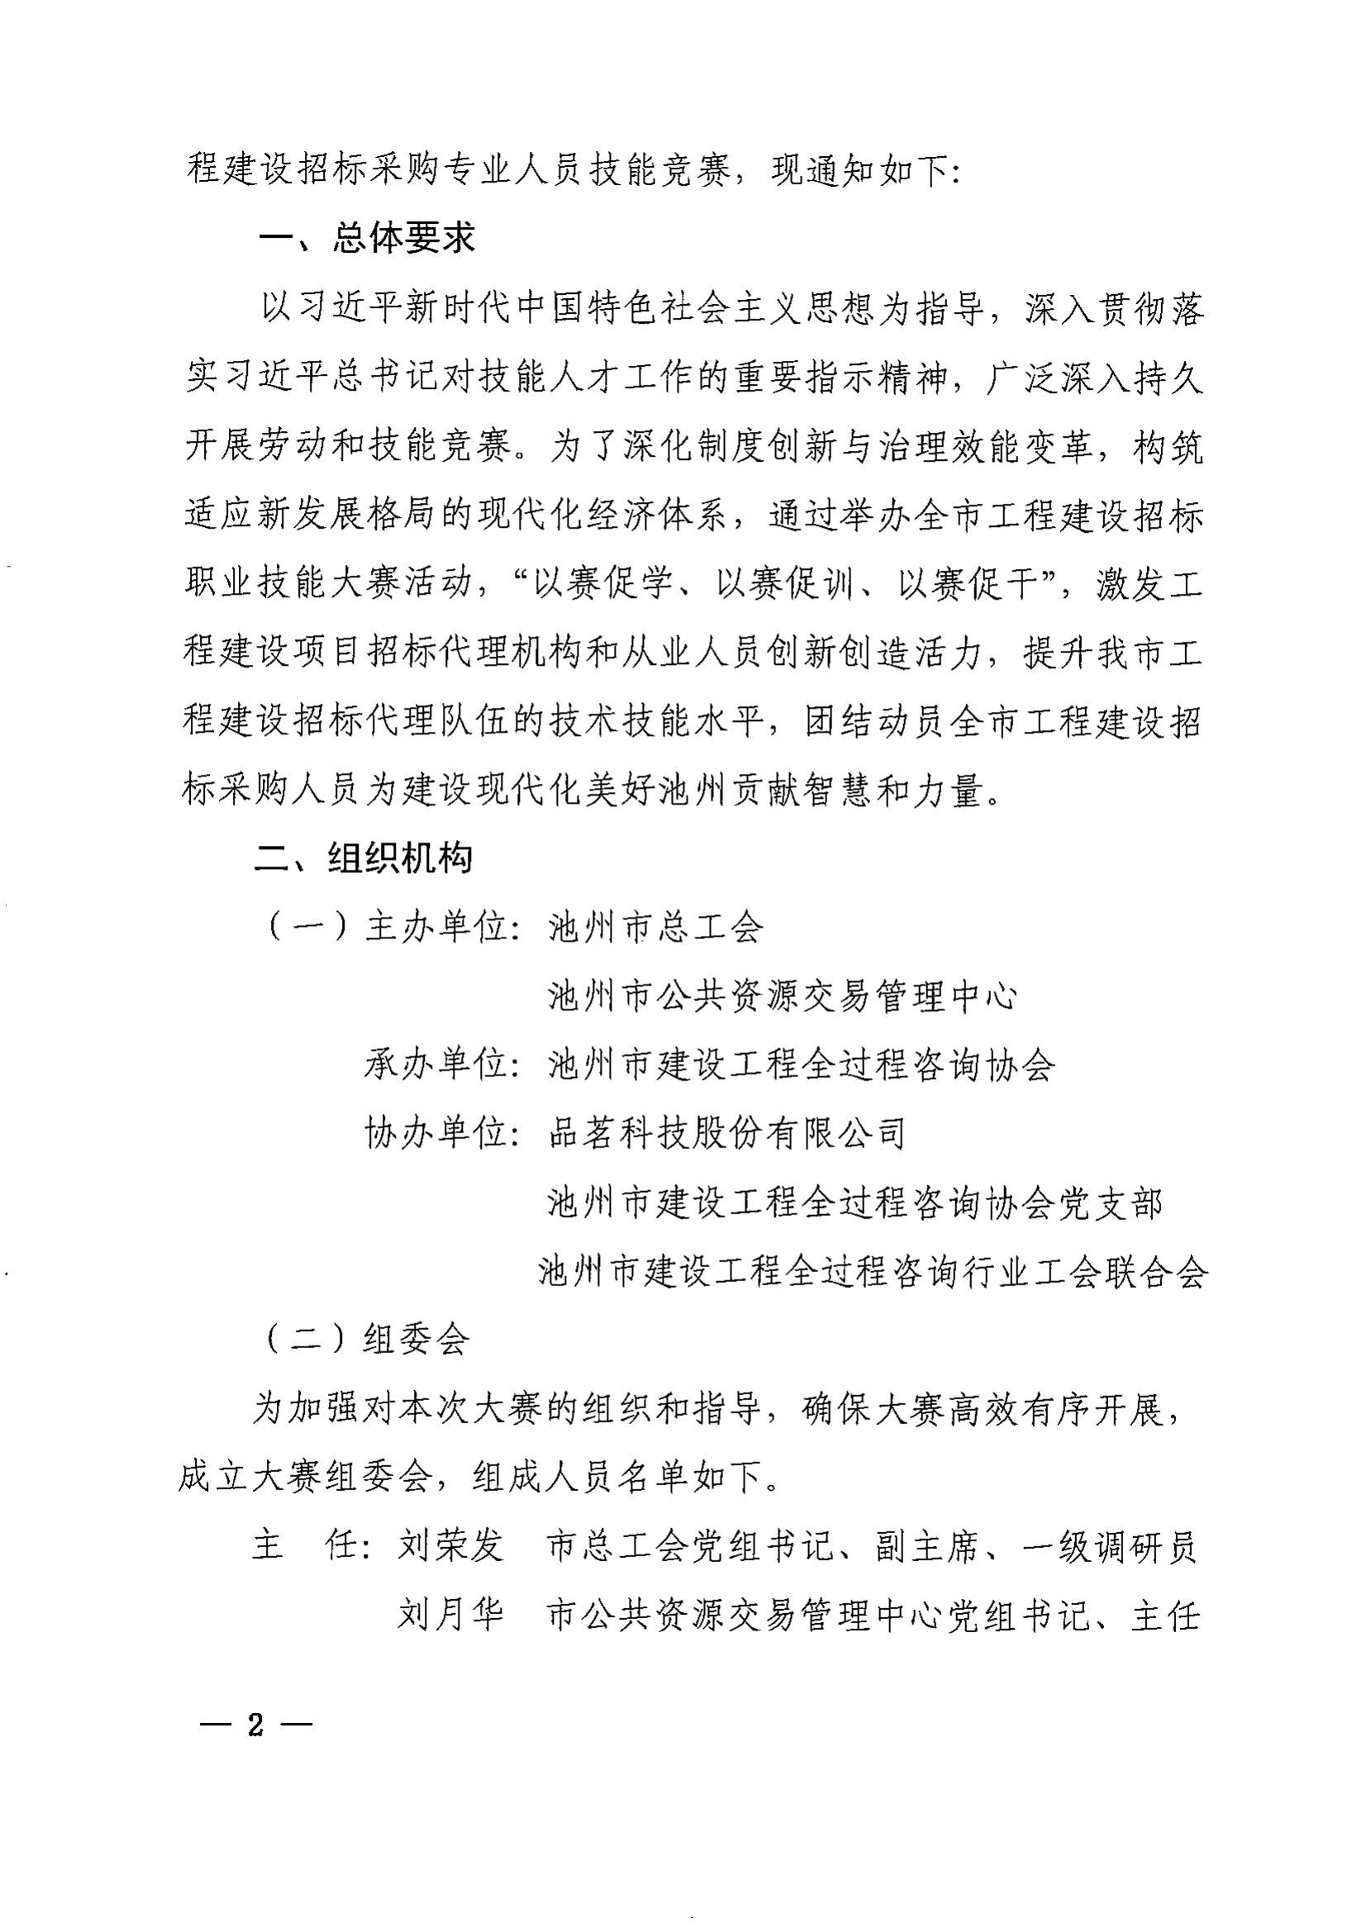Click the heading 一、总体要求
(367, 239)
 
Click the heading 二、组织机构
(364, 859)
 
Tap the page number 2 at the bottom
(256, 1723)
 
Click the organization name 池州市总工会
(654, 928)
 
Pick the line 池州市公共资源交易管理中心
(783, 997)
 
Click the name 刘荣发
(451, 1546)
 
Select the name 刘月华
(451, 1616)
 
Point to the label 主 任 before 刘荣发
(307, 1546)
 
